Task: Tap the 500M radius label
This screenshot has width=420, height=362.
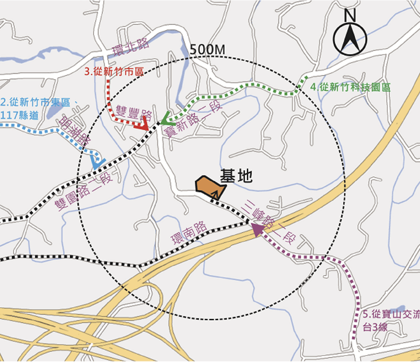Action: point(208,50)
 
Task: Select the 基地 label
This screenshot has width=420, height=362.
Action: point(236,176)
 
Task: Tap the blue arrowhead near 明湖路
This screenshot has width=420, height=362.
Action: point(98,161)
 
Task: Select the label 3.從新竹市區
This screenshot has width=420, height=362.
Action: point(114,72)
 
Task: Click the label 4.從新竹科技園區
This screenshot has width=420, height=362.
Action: point(350,87)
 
